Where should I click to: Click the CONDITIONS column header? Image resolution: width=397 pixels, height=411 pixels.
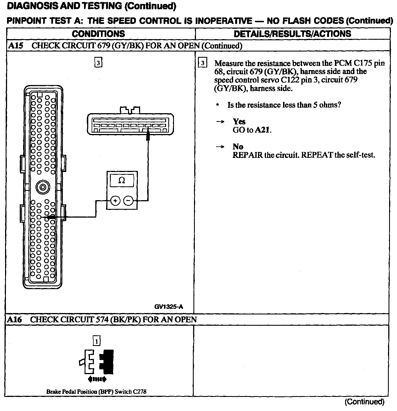(x=98, y=34)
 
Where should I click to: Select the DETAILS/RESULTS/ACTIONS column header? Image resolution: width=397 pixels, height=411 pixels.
(x=292, y=34)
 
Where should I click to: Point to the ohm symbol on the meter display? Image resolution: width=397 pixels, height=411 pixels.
(x=122, y=180)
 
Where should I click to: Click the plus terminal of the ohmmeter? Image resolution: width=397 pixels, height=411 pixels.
(x=115, y=201)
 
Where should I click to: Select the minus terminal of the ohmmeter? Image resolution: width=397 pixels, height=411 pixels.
(x=128, y=201)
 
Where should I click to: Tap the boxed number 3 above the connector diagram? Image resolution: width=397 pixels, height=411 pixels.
(x=98, y=63)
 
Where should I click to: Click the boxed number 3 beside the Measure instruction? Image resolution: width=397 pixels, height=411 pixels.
(x=202, y=63)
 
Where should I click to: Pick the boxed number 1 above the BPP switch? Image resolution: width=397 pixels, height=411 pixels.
(x=96, y=341)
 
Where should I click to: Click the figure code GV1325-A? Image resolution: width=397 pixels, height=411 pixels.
(x=169, y=307)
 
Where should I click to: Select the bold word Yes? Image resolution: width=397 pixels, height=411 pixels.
(x=239, y=122)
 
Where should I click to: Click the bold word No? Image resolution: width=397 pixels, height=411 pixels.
(x=238, y=147)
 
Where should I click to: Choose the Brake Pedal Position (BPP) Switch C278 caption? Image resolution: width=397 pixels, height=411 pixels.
(x=96, y=392)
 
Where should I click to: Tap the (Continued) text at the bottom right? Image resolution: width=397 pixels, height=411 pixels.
(x=364, y=402)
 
